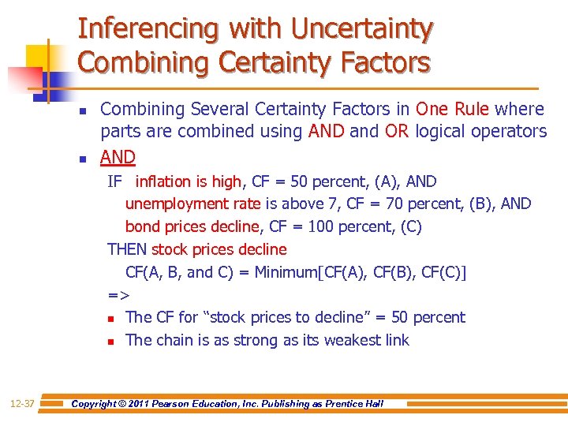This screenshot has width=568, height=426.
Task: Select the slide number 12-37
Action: click(22, 404)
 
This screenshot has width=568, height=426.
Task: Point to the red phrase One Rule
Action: click(452, 109)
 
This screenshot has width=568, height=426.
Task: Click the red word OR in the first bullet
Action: click(396, 131)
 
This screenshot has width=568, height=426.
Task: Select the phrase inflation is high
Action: click(188, 181)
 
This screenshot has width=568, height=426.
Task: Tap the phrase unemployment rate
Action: click(192, 204)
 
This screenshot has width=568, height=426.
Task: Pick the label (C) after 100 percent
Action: click(406, 226)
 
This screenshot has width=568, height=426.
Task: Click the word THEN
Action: click(127, 249)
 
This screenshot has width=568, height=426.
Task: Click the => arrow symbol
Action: click(118, 295)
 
